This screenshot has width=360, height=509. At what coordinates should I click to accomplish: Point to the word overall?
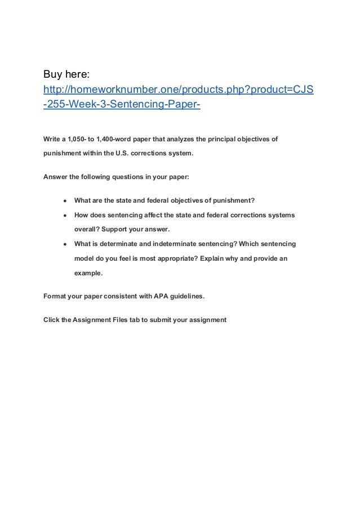click(x=88, y=230)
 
